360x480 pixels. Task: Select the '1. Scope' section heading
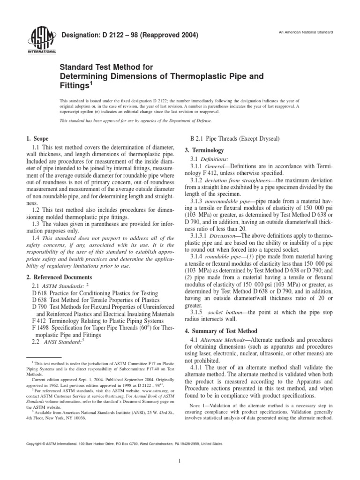37,139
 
